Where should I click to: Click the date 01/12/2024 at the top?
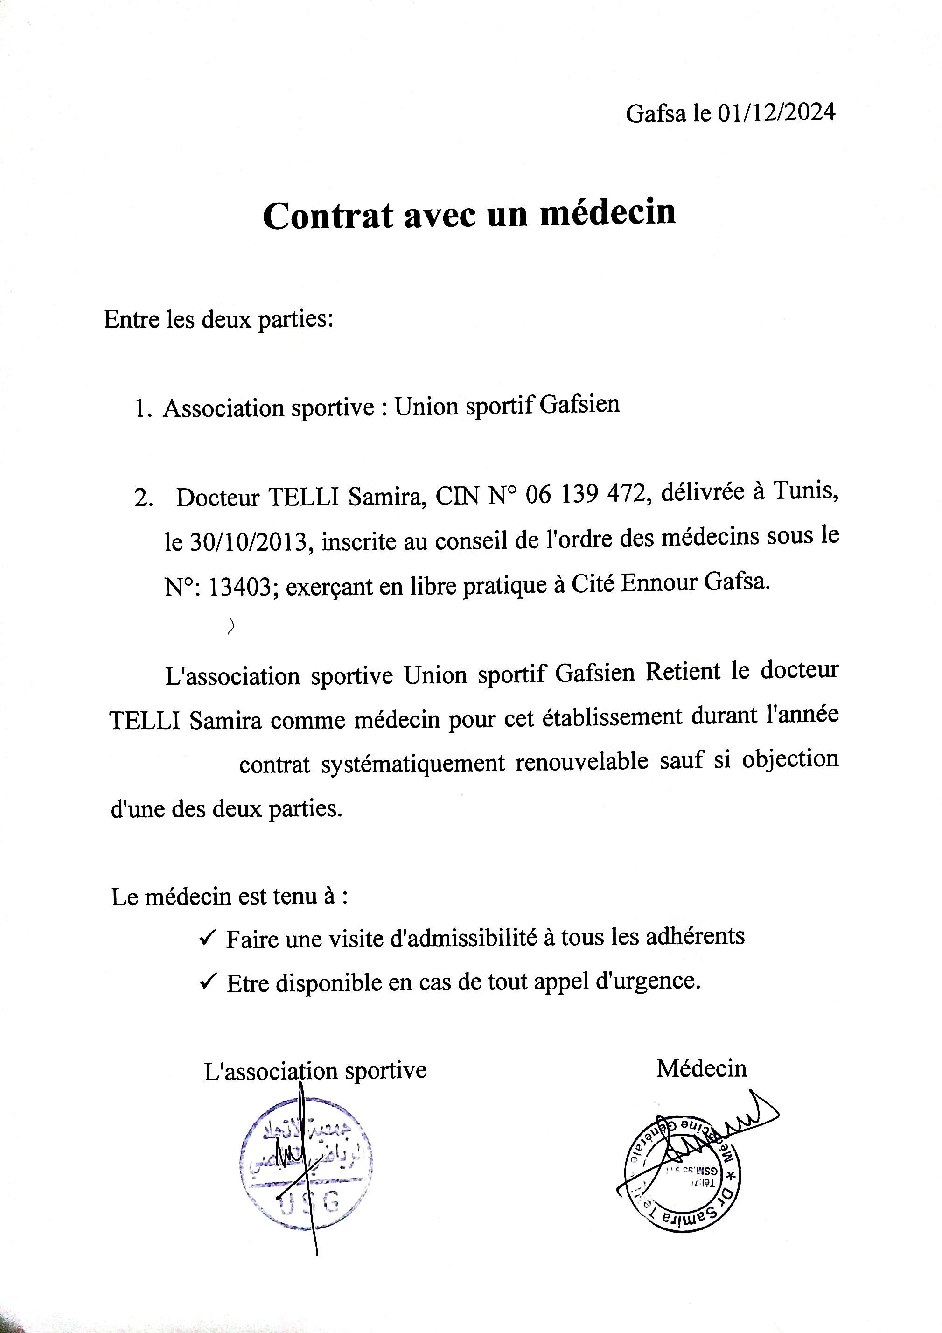tap(776, 112)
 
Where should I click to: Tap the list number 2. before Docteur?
tap(144, 499)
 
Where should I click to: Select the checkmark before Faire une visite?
tap(208, 938)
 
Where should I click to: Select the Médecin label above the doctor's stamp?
tap(701, 1066)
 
